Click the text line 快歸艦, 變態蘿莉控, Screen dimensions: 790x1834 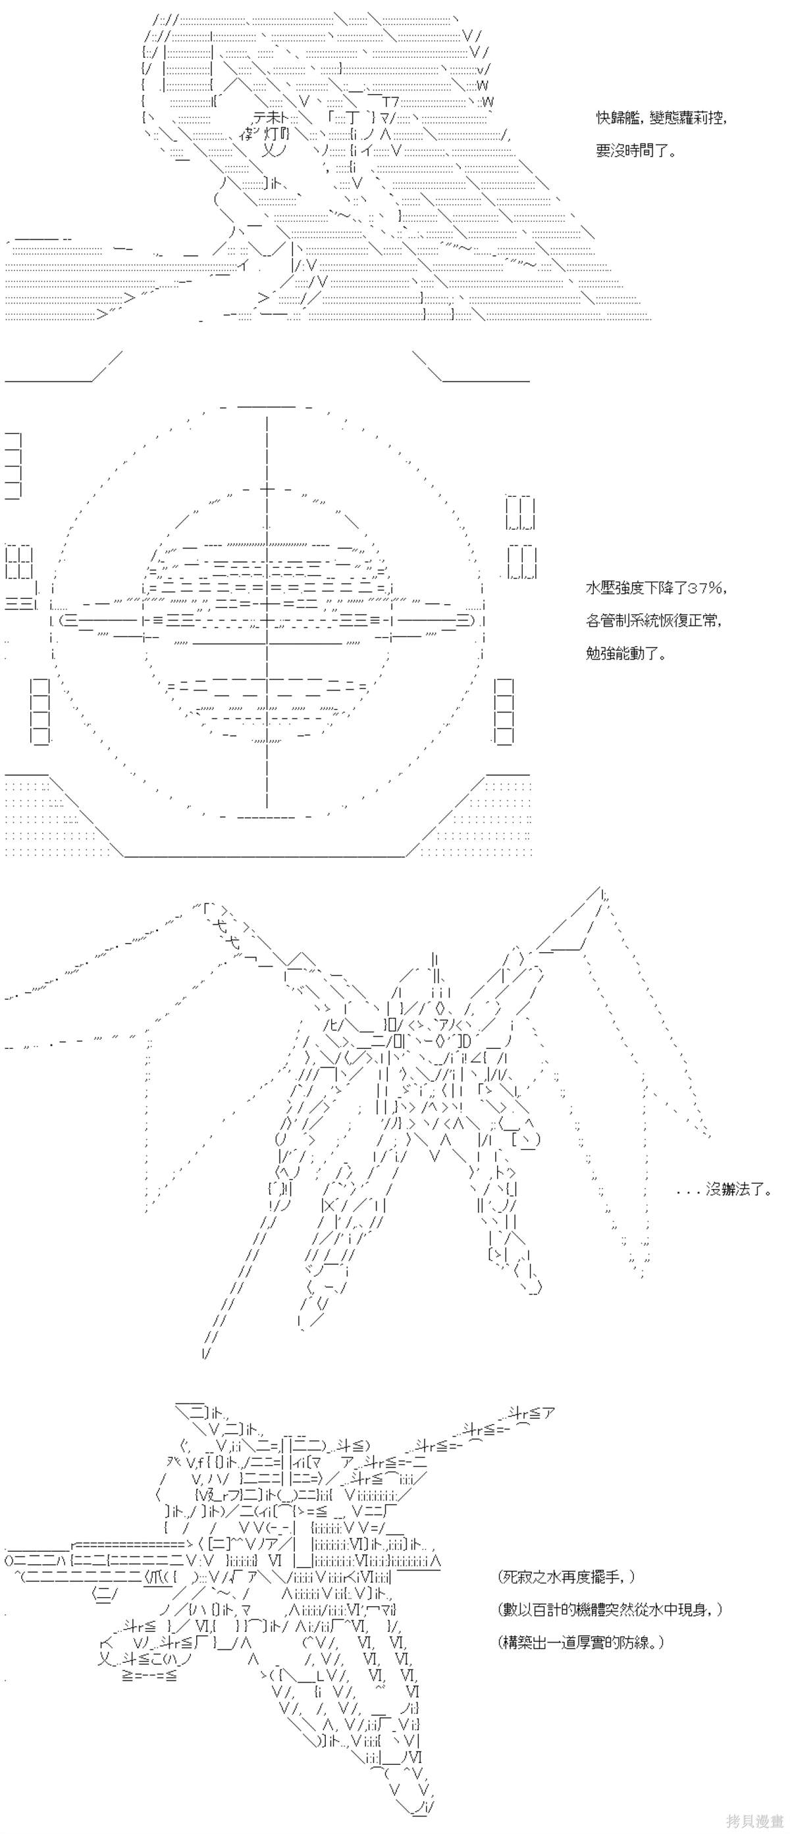tap(661, 118)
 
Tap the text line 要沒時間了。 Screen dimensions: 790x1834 tap(636, 151)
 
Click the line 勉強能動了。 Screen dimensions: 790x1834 tap(626, 653)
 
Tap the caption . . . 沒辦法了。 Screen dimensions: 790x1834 tap(724, 1189)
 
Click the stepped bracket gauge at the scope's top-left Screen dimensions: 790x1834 tap(14, 464)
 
